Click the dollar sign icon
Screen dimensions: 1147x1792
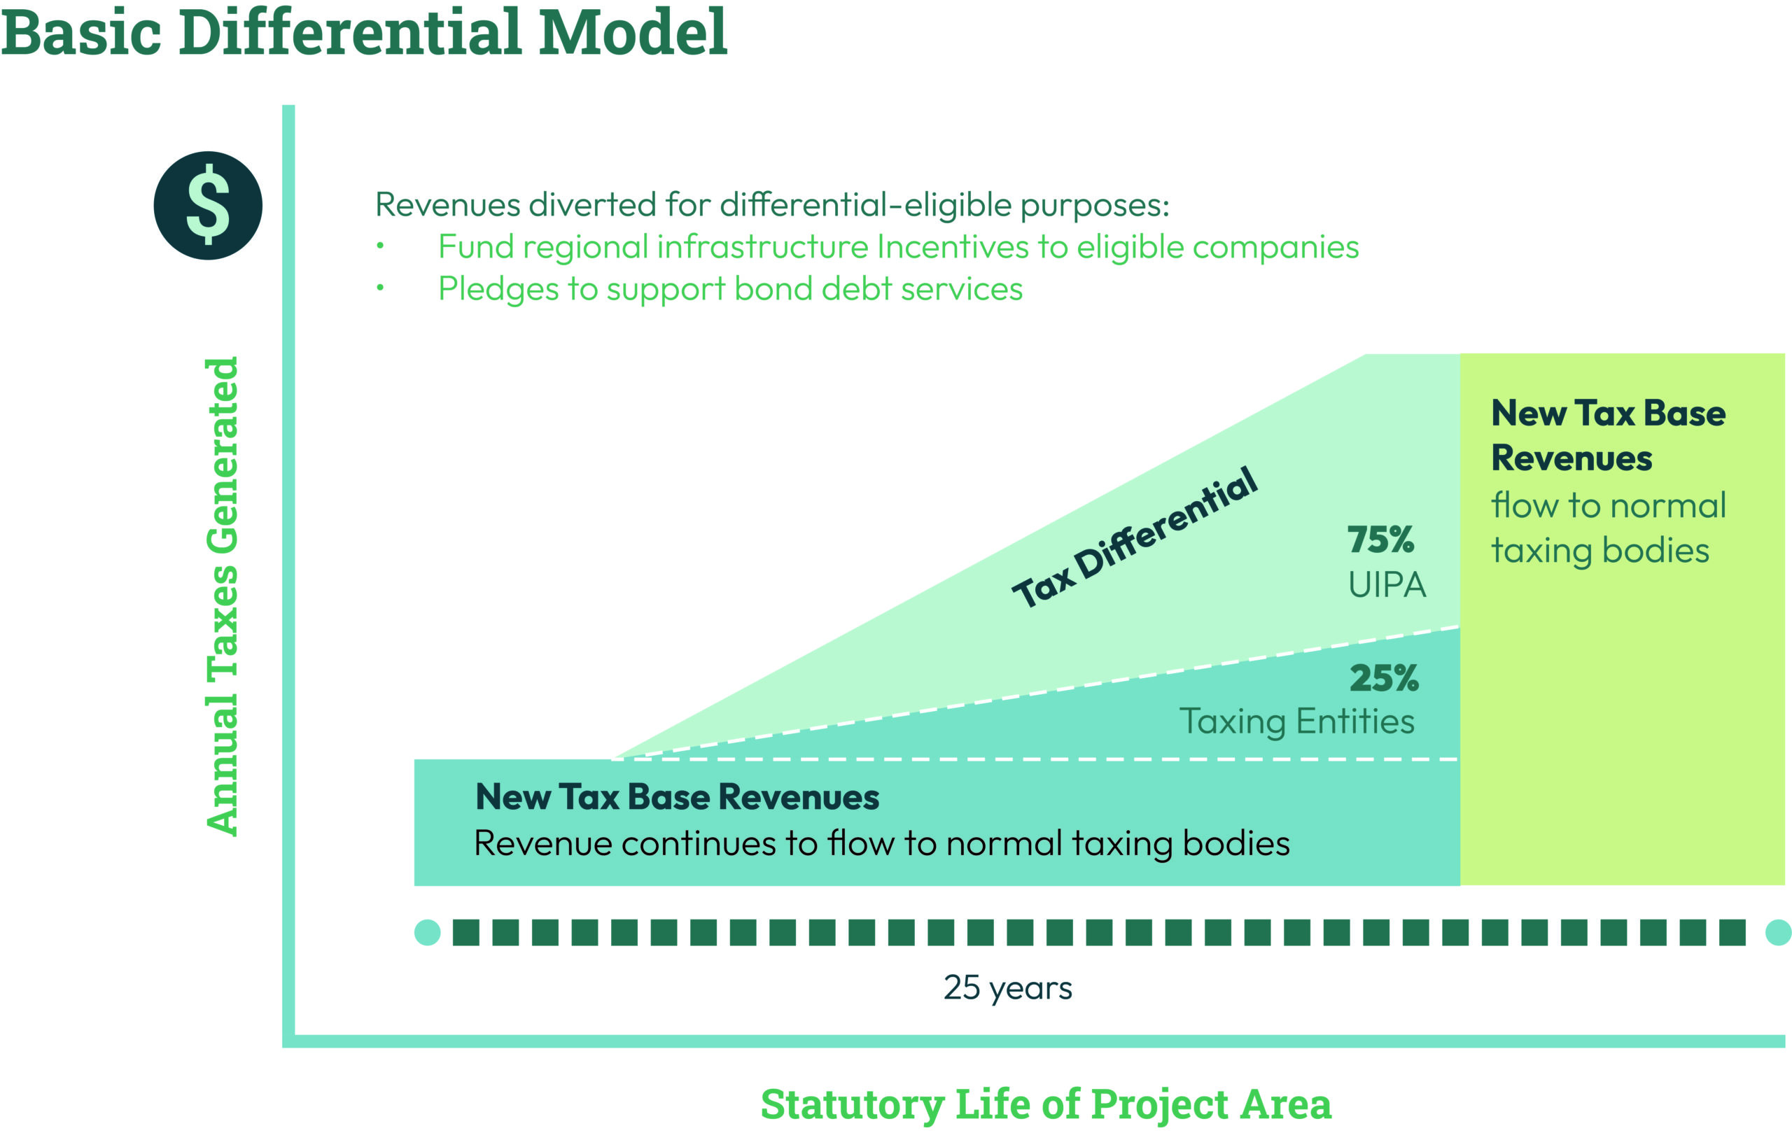tap(208, 206)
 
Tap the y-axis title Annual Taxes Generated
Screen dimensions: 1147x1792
tap(222, 596)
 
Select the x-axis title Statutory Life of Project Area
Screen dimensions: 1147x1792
tap(1045, 1104)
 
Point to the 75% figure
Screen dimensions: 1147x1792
tap(1380, 540)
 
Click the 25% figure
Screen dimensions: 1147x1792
tap(1384, 679)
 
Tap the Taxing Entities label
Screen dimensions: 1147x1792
tap(1296, 721)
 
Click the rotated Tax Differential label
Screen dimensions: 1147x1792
tap(1134, 537)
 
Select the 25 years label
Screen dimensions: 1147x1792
tap(1008, 987)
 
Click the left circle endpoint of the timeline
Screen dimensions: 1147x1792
tap(428, 932)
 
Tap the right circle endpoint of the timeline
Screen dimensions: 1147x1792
tap(1778, 932)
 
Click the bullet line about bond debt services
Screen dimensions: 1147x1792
tap(730, 289)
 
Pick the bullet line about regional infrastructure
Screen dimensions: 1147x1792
tap(897, 247)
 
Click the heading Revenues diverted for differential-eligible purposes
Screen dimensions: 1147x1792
tap(771, 205)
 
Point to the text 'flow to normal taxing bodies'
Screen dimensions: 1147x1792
tap(1608, 528)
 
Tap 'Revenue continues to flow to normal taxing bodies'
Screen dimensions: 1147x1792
tap(882, 844)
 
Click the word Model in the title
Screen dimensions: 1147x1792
tap(632, 33)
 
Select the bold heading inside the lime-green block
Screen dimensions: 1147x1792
tap(1608, 436)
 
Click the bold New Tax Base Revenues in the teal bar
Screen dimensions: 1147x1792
tap(677, 797)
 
